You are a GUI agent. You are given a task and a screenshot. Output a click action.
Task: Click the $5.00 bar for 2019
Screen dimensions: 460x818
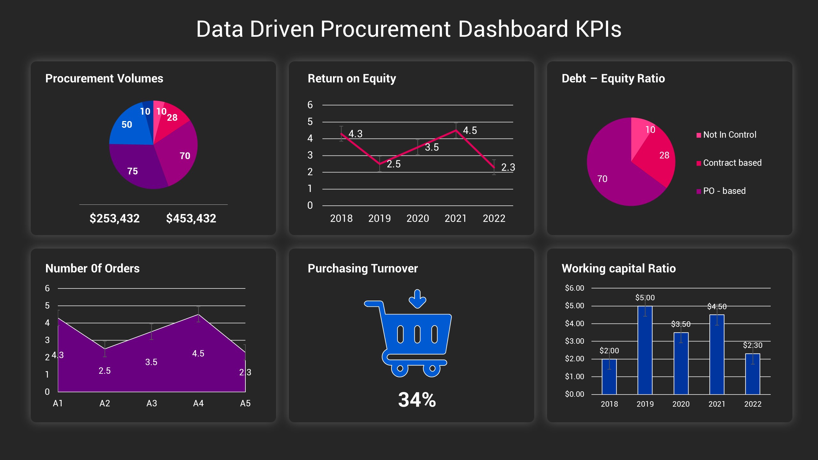click(645, 351)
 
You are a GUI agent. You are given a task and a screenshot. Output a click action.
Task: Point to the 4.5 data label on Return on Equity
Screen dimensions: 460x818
click(470, 130)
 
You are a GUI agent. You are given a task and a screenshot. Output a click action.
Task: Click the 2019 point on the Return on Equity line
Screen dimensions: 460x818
click(380, 164)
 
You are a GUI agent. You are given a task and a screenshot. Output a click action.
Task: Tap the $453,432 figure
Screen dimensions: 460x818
click(191, 218)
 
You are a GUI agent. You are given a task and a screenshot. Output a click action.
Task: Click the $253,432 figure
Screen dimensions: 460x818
click(114, 218)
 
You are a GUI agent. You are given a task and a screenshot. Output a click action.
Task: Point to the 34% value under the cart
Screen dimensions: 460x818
click(417, 400)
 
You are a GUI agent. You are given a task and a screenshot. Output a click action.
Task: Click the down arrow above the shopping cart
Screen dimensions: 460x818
click(417, 299)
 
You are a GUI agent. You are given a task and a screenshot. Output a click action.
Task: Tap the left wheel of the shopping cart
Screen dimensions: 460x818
click(400, 369)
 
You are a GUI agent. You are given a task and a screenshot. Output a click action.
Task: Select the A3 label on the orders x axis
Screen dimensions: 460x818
click(151, 403)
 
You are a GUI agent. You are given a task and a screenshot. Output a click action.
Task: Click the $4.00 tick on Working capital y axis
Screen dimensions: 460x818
click(574, 324)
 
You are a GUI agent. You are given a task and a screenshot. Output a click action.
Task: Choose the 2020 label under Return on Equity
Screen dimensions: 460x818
click(418, 218)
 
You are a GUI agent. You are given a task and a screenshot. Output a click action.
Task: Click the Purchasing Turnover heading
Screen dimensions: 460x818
click(362, 268)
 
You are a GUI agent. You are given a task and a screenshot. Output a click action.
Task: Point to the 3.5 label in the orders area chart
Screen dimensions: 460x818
click(151, 362)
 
